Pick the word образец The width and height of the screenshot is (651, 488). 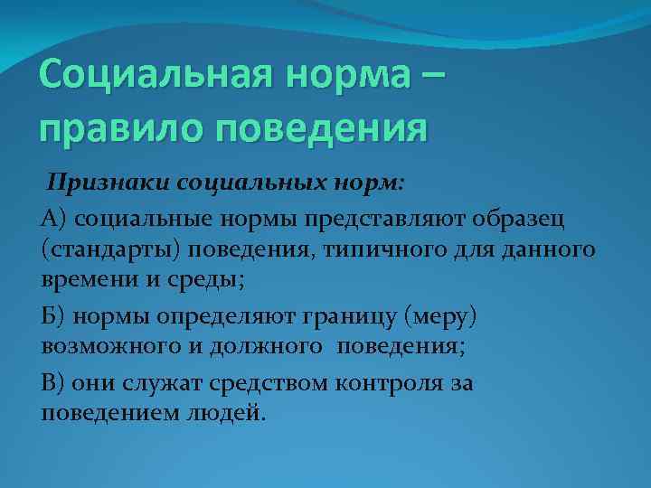pos(529,218)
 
